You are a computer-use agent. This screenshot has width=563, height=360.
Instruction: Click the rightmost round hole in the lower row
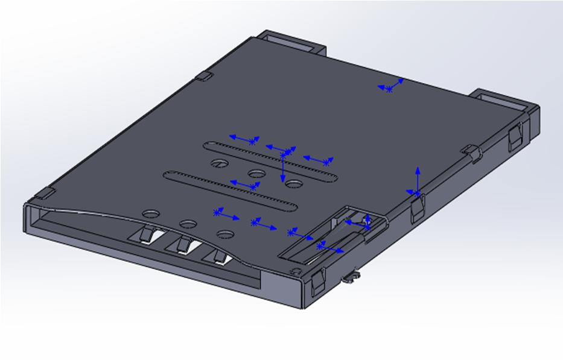tap(225, 234)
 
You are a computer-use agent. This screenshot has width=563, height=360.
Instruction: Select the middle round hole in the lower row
tap(188, 224)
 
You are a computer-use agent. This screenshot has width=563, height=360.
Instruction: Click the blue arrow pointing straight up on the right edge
tap(417, 182)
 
